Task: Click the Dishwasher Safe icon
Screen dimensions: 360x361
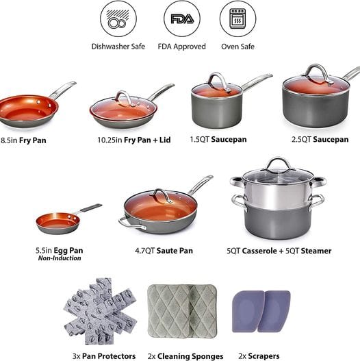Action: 118,18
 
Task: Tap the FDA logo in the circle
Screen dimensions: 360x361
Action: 182,19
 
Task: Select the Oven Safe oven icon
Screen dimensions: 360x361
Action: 238,18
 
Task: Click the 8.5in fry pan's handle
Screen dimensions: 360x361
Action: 62,90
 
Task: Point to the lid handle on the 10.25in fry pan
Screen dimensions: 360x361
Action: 124,98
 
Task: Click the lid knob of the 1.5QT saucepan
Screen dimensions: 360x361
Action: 218,81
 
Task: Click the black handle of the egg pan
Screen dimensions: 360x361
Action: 91,208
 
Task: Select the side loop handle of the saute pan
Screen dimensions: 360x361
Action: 131,223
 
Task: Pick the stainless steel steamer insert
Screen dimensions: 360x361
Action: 278,190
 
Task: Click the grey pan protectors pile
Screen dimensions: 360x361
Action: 101,311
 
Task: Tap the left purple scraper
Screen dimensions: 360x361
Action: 248,311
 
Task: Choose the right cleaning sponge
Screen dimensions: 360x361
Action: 203,311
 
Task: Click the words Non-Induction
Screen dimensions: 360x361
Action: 60,258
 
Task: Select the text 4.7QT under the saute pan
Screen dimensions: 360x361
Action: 144,251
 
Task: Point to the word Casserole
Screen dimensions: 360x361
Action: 259,251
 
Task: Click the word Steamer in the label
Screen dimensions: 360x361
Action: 316,251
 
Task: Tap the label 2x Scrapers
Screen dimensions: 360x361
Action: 259,356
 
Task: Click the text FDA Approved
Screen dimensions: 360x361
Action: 182,47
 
